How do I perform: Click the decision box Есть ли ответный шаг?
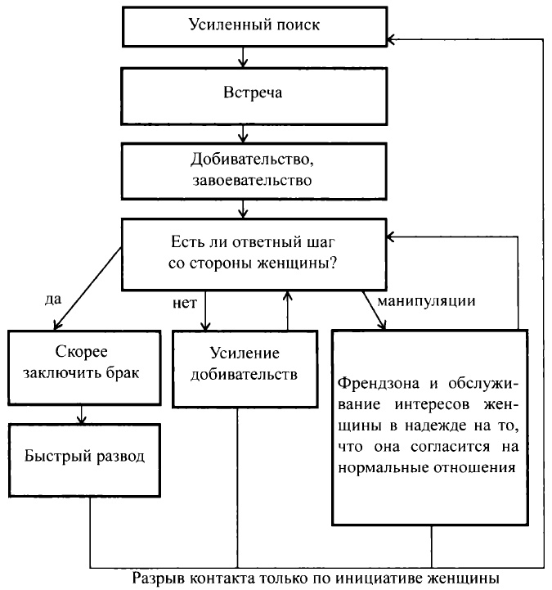(x=254, y=254)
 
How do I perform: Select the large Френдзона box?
(x=431, y=426)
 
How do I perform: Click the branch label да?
(x=53, y=300)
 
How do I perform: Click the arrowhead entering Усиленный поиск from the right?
(x=394, y=38)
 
